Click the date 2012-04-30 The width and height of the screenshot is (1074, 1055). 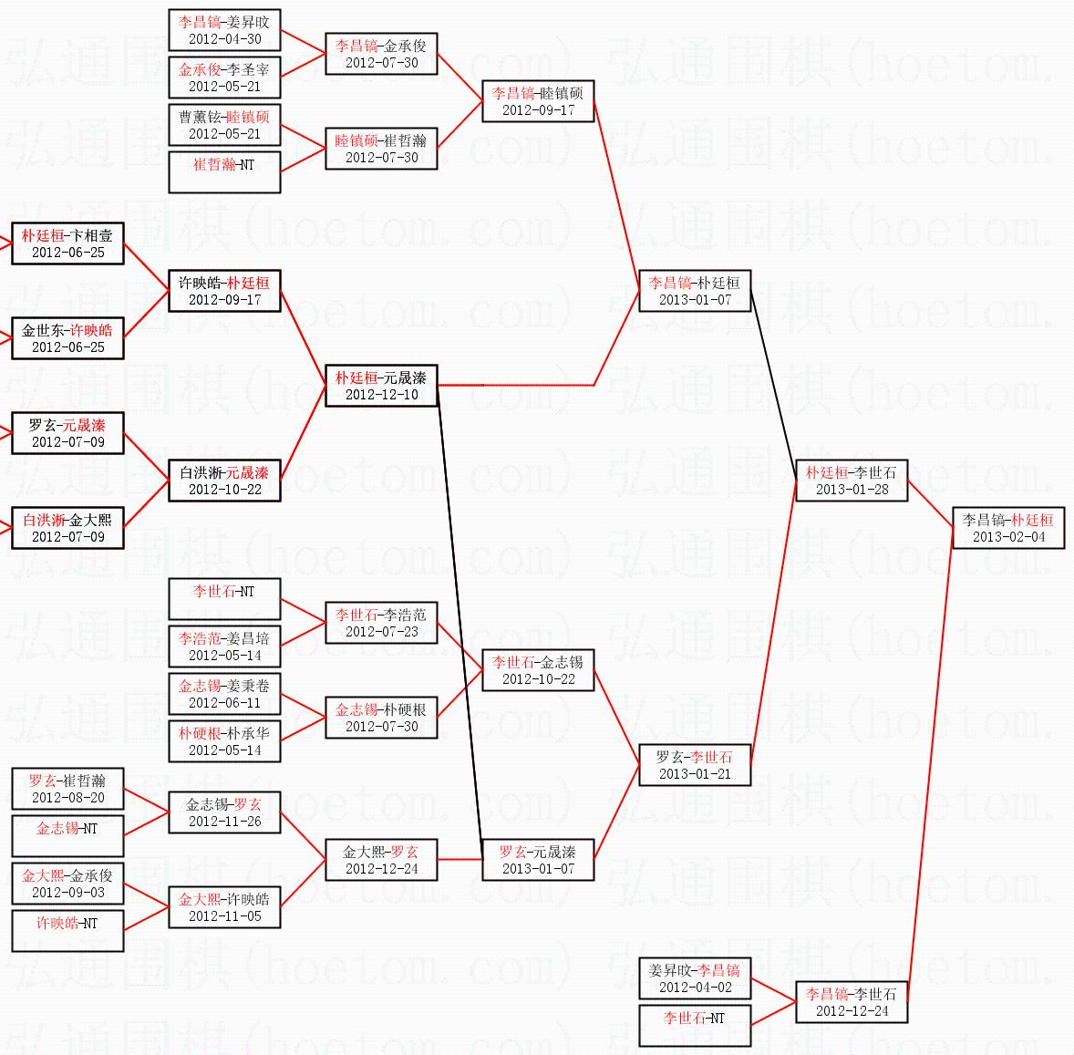224,39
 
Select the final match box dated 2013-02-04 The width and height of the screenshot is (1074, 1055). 1007,528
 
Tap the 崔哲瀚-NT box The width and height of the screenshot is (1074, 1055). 224,172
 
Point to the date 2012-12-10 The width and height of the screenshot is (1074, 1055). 381,395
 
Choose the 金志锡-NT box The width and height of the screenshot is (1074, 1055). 67,836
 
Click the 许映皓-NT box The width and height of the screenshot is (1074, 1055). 67,931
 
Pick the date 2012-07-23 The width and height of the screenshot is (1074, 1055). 381,632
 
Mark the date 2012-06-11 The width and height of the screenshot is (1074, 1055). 224,703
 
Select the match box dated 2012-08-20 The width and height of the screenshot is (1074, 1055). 67,789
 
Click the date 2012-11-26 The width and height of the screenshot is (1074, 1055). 224,822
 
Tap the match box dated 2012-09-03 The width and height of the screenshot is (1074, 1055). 67,884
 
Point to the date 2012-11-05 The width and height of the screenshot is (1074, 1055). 224,916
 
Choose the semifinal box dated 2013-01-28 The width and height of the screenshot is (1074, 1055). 852,481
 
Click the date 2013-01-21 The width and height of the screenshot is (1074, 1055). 695,774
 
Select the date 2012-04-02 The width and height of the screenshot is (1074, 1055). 695,988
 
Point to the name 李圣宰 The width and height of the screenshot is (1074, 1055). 249,69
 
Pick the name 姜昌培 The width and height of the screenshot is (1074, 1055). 249,638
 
